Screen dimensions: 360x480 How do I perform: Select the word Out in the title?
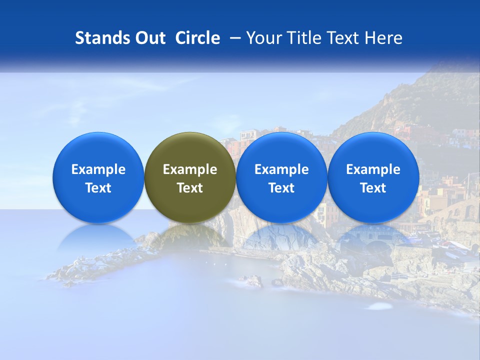tap(149, 38)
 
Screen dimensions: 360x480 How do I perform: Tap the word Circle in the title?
tap(197, 38)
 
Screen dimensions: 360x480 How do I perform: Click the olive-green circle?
tap(189, 177)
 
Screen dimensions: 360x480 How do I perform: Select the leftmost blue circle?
tap(98, 177)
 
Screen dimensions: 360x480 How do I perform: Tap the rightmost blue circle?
tap(373, 177)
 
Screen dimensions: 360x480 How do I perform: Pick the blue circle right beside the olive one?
tap(281, 177)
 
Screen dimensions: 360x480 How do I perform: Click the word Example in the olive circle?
tap(190, 169)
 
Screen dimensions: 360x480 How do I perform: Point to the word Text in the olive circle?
tap(190, 188)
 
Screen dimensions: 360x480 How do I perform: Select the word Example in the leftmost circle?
tap(98, 169)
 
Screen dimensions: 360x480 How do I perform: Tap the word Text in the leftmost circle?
tap(98, 188)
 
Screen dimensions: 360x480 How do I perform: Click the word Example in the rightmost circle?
tap(373, 169)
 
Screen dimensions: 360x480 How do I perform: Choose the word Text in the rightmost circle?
tap(373, 188)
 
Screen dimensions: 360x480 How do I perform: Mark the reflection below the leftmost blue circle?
tap(98, 237)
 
